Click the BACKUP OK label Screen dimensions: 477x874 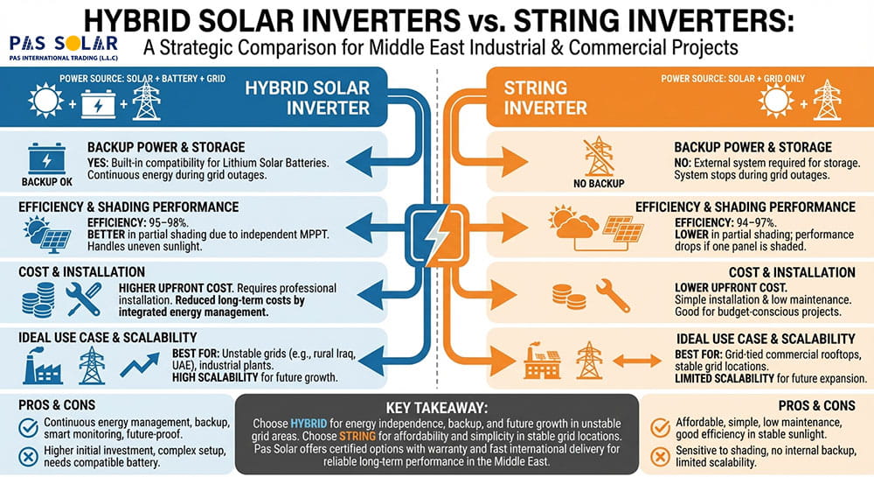tap(42, 181)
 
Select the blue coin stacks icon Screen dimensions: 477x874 tap(38, 299)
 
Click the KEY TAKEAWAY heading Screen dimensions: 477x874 tap(436, 408)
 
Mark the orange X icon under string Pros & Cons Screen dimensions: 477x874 tap(662, 457)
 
